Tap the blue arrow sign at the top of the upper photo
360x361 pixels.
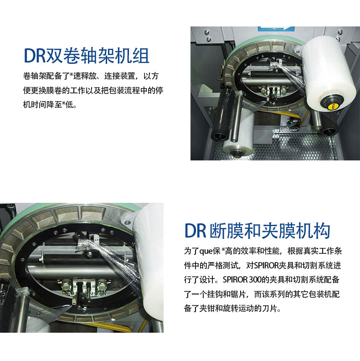pyautogui.click(x=276, y=29)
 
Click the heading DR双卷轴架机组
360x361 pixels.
pyautogui.click(x=87, y=56)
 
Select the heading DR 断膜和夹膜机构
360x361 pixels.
pyautogui.click(x=257, y=231)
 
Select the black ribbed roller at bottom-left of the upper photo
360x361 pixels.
pyautogui.click(x=222, y=115)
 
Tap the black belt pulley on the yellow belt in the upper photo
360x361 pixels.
pyautogui.click(x=292, y=122)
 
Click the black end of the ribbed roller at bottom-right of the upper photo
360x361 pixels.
pyautogui.click(x=330, y=132)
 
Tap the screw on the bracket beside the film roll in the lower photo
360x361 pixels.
pyautogui.click(x=126, y=222)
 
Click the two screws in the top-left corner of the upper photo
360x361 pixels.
pyautogui.click(x=208, y=35)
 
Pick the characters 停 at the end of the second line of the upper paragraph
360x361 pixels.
pyautogui.click(x=159, y=90)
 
